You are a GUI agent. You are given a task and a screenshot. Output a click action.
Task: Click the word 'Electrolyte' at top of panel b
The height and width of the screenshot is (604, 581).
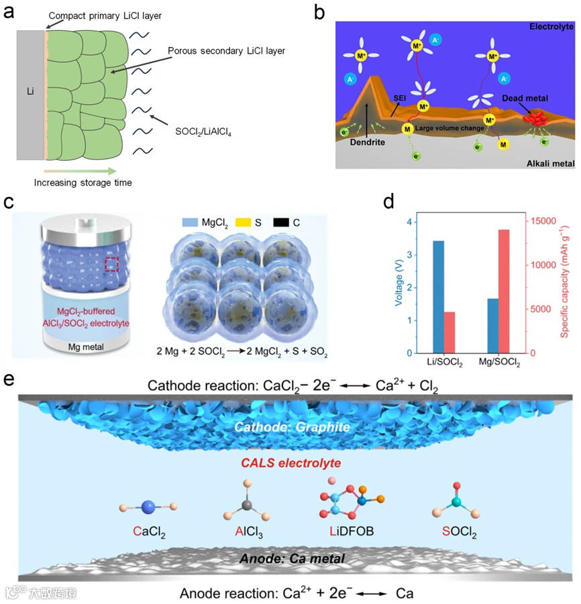551,25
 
